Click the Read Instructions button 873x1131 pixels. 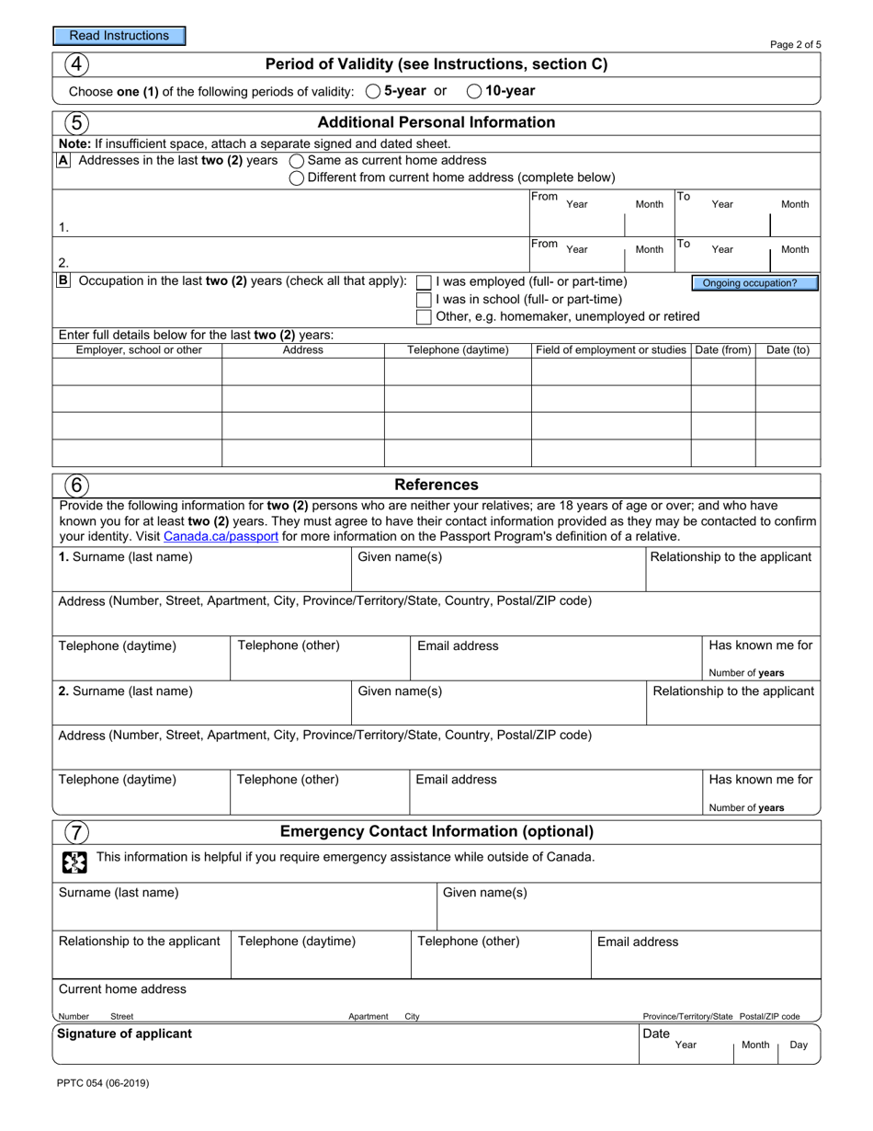(119, 36)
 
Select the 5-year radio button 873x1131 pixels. (373, 91)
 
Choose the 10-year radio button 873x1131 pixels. (474, 91)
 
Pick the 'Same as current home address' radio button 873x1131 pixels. (297, 161)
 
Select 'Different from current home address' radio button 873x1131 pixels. (297, 178)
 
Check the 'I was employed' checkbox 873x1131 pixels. (424, 282)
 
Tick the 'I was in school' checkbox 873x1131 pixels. (424, 300)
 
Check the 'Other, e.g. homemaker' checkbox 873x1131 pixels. (424, 317)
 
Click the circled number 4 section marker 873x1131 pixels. (76, 64)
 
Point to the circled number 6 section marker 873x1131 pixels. (76, 485)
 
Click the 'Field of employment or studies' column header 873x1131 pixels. (611, 350)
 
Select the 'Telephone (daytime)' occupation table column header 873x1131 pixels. (458, 350)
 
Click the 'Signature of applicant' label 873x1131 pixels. (125, 1034)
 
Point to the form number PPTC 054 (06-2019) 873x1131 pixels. (103, 1083)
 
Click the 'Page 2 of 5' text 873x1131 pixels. (795, 44)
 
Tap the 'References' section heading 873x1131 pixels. (436, 485)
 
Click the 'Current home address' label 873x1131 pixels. (122, 989)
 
